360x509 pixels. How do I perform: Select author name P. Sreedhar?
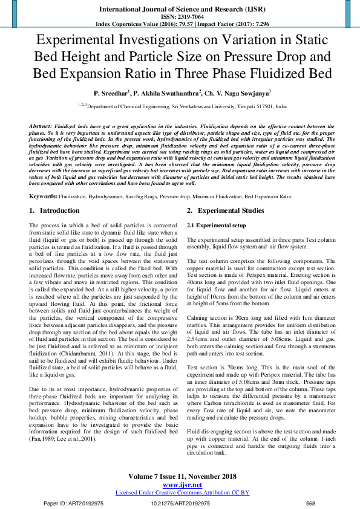pos(111,94)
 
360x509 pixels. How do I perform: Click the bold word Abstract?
pos(41,125)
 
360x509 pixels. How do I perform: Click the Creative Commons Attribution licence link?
pos(182,493)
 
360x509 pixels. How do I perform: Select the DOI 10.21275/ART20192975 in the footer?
pos(179,504)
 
